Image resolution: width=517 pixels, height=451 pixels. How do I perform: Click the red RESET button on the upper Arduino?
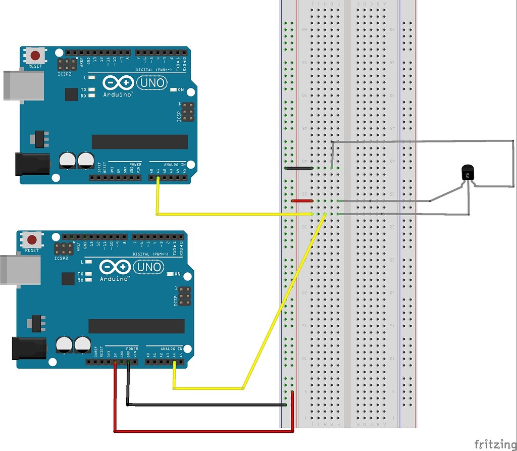(x=35, y=55)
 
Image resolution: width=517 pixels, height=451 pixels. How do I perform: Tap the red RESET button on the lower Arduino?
(x=32, y=239)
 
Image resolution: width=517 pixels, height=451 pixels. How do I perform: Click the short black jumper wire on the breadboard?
(x=299, y=168)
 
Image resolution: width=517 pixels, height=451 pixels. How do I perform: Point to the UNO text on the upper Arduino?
(x=150, y=82)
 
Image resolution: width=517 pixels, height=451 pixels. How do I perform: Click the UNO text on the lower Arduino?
(x=147, y=267)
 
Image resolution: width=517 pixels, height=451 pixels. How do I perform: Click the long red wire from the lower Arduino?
(x=202, y=431)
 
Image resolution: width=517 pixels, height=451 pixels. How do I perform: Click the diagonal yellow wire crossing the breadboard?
(x=283, y=303)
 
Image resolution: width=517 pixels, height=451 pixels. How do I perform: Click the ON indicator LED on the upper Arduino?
(x=174, y=90)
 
